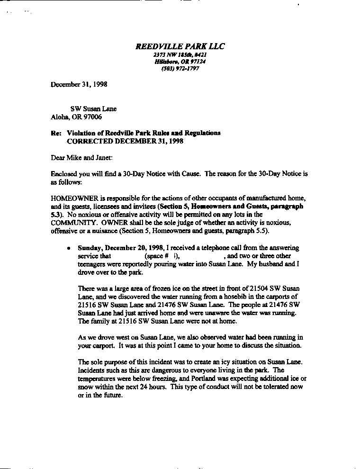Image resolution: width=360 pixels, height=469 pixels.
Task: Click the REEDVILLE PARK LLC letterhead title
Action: (x=180, y=46)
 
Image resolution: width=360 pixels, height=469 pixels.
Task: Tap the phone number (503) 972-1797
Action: (x=180, y=68)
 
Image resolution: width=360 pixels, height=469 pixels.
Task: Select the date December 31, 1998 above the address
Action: (x=79, y=84)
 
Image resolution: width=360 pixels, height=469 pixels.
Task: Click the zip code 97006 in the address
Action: (x=92, y=117)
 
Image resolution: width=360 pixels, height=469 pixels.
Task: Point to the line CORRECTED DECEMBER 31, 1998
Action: (x=125, y=141)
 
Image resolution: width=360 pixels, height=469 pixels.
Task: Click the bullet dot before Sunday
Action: (x=69, y=248)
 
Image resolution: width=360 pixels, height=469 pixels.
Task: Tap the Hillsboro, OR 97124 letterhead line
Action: (x=180, y=62)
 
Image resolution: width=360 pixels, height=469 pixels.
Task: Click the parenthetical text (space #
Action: (x=156, y=256)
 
